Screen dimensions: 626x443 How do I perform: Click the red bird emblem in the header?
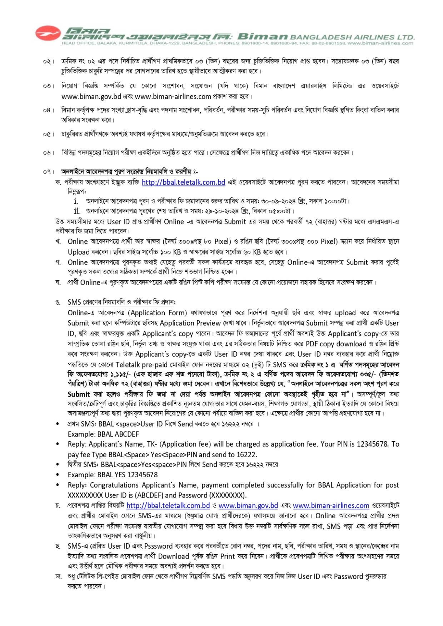point(48,33)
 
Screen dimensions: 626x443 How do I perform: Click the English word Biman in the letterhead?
point(263,36)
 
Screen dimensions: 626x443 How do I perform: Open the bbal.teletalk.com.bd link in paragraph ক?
point(183,182)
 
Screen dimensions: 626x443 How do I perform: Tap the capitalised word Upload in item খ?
point(79,252)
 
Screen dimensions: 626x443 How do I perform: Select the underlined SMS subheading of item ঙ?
point(121,302)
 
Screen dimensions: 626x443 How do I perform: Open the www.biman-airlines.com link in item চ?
point(331,505)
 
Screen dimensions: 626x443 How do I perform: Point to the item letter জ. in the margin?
point(59,576)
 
